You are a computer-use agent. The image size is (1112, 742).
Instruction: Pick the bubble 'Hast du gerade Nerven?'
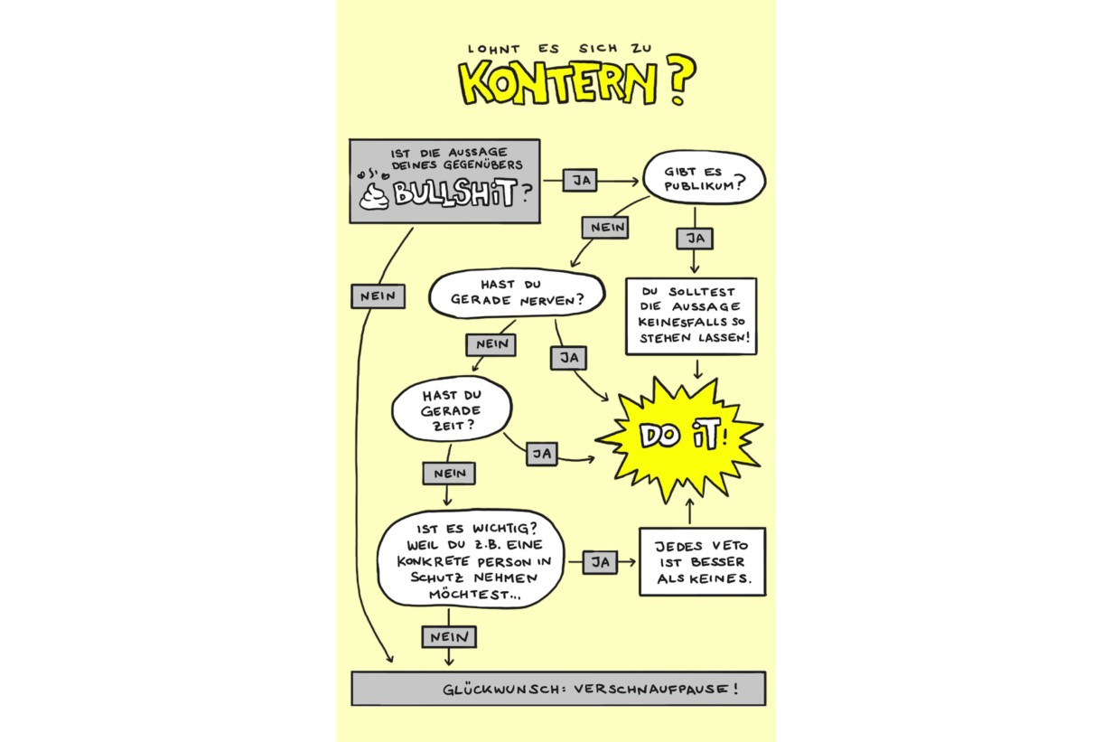(516, 294)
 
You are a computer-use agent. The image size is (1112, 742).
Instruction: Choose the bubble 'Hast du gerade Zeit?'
(451, 409)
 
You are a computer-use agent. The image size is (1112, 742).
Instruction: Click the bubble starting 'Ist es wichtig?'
(471, 561)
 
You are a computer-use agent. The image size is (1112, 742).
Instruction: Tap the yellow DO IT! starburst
(679, 437)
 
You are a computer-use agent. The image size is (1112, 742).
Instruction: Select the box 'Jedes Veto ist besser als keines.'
(702, 561)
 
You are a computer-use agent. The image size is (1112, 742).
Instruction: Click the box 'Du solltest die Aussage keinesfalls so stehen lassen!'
(691, 316)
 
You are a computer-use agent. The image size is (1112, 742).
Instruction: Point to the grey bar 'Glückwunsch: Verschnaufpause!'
(557, 689)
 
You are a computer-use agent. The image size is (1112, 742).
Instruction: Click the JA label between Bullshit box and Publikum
(582, 180)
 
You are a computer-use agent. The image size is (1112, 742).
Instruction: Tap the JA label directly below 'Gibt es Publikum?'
(694, 238)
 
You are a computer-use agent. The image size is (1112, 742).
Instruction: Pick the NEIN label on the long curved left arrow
(378, 296)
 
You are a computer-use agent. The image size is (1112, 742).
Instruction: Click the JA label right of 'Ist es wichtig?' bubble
(599, 562)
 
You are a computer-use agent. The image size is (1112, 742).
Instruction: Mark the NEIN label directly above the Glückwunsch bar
(448, 636)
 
